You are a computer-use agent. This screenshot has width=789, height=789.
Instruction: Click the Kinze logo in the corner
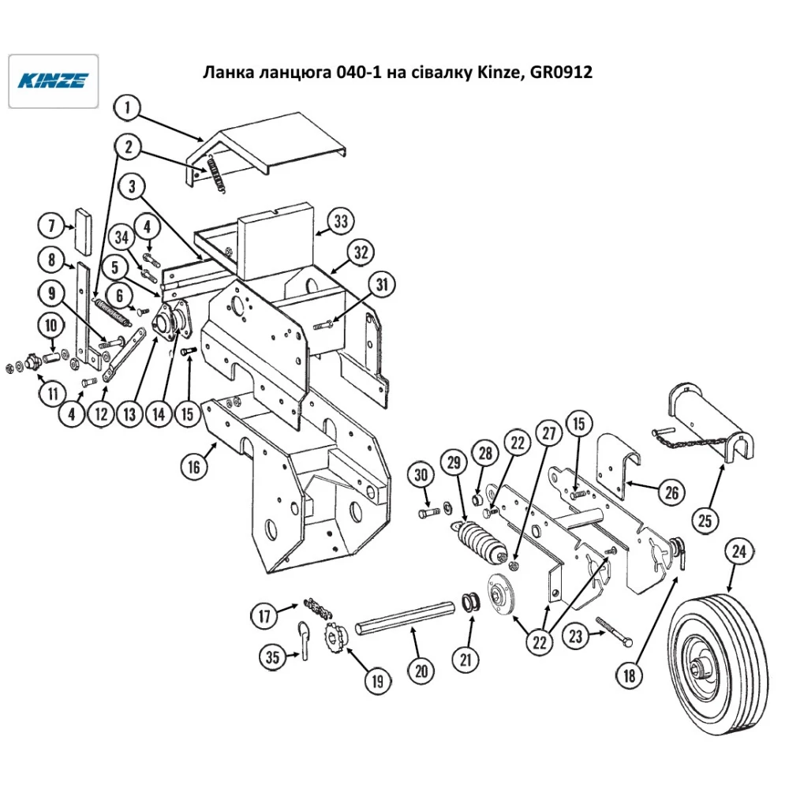pyautogui.click(x=54, y=81)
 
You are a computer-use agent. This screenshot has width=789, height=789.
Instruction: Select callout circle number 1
pyautogui.click(x=128, y=107)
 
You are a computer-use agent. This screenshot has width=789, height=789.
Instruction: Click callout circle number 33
pyautogui.click(x=341, y=221)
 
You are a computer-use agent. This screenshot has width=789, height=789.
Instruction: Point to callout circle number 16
pyautogui.click(x=194, y=467)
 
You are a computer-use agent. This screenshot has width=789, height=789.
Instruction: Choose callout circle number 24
pyautogui.click(x=739, y=552)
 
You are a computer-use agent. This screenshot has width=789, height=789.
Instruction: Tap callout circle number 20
pyautogui.click(x=421, y=671)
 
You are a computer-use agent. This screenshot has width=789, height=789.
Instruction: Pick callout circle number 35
pyautogui.click(x=272, y=656)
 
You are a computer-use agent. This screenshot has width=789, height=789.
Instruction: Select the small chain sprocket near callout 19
pyautogui.click(x=333, y=638)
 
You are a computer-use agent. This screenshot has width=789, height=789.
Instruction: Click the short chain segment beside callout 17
pyautogui.click(x=318, y=608)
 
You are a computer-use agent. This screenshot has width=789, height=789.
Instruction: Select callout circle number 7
pyautogui.click(x=52, y=225)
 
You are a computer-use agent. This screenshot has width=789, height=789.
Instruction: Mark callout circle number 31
pyautogui.click(x=383, y=285)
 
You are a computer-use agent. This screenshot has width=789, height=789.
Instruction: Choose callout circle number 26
pyautogui.click(x=671, y=492)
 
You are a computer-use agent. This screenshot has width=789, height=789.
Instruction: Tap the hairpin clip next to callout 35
pyautogui.click(x=305, y=640)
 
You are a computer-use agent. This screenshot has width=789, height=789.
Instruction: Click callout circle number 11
pyautogui.click(x=53, y=394)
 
